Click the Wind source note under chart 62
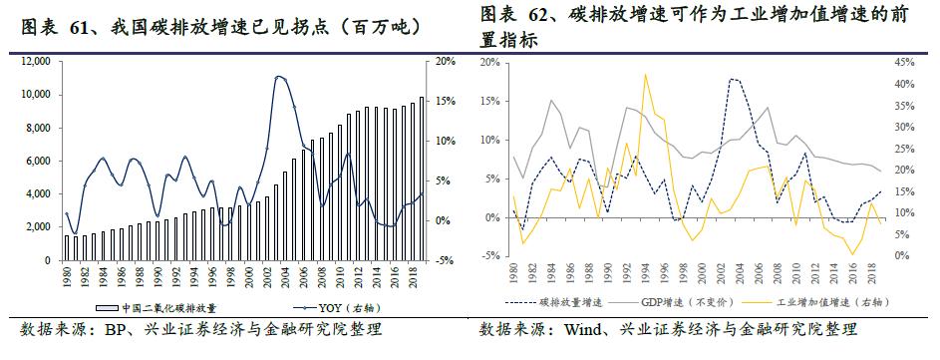coord(668,330)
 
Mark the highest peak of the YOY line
coord(280,76)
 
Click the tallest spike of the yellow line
coord(646,74)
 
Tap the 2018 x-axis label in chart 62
coord(869,273)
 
